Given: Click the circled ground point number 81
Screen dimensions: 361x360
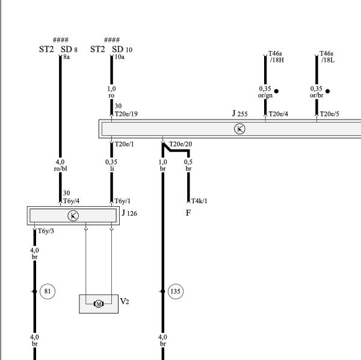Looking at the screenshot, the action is point(48,291).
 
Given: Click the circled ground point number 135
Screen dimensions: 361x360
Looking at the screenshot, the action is point(176,291).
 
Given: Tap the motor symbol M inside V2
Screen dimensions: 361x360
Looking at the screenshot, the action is point(99,304).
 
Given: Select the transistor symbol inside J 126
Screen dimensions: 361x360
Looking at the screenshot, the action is point(73,216).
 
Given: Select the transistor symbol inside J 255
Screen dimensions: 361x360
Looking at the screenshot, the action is point(239,129).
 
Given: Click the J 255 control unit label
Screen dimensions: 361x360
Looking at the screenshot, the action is point(239,114).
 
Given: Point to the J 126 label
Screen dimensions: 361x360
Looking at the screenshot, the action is point(129,213).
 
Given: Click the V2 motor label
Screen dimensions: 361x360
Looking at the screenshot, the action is point(125,301).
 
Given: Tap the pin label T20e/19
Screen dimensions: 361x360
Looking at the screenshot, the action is point(126,114).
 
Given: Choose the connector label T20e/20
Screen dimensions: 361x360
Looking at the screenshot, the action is point(180,144).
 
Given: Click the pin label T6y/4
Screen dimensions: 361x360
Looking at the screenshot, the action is point(72,201).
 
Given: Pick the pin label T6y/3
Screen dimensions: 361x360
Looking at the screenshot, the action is point(46,231).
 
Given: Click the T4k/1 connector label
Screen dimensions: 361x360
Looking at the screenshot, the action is point(199,201).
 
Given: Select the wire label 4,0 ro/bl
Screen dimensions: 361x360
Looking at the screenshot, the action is point(60,165).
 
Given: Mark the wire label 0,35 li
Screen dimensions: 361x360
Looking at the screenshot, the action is point(111,165).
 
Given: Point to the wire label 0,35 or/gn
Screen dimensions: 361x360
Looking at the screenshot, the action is point(265,92).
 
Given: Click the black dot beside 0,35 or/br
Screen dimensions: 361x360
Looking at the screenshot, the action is point(328,91).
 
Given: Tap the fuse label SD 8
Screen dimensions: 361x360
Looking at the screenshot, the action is point(69,49).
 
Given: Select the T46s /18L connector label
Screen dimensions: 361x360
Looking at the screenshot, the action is point(327,56).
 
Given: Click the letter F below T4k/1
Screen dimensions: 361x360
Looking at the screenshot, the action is point(188,213).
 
